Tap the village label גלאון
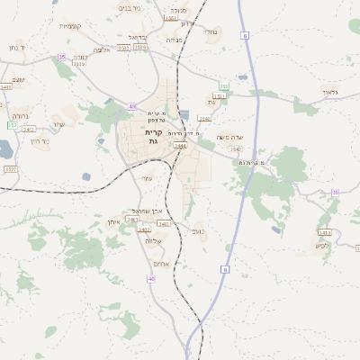[328, 91]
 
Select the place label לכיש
[322, 245]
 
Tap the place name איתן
[113, 221]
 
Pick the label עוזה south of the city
[147, 178]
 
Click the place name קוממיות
[71, 26]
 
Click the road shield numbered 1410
[6, 87]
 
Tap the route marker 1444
[180, 145]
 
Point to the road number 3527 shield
[11, 168]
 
